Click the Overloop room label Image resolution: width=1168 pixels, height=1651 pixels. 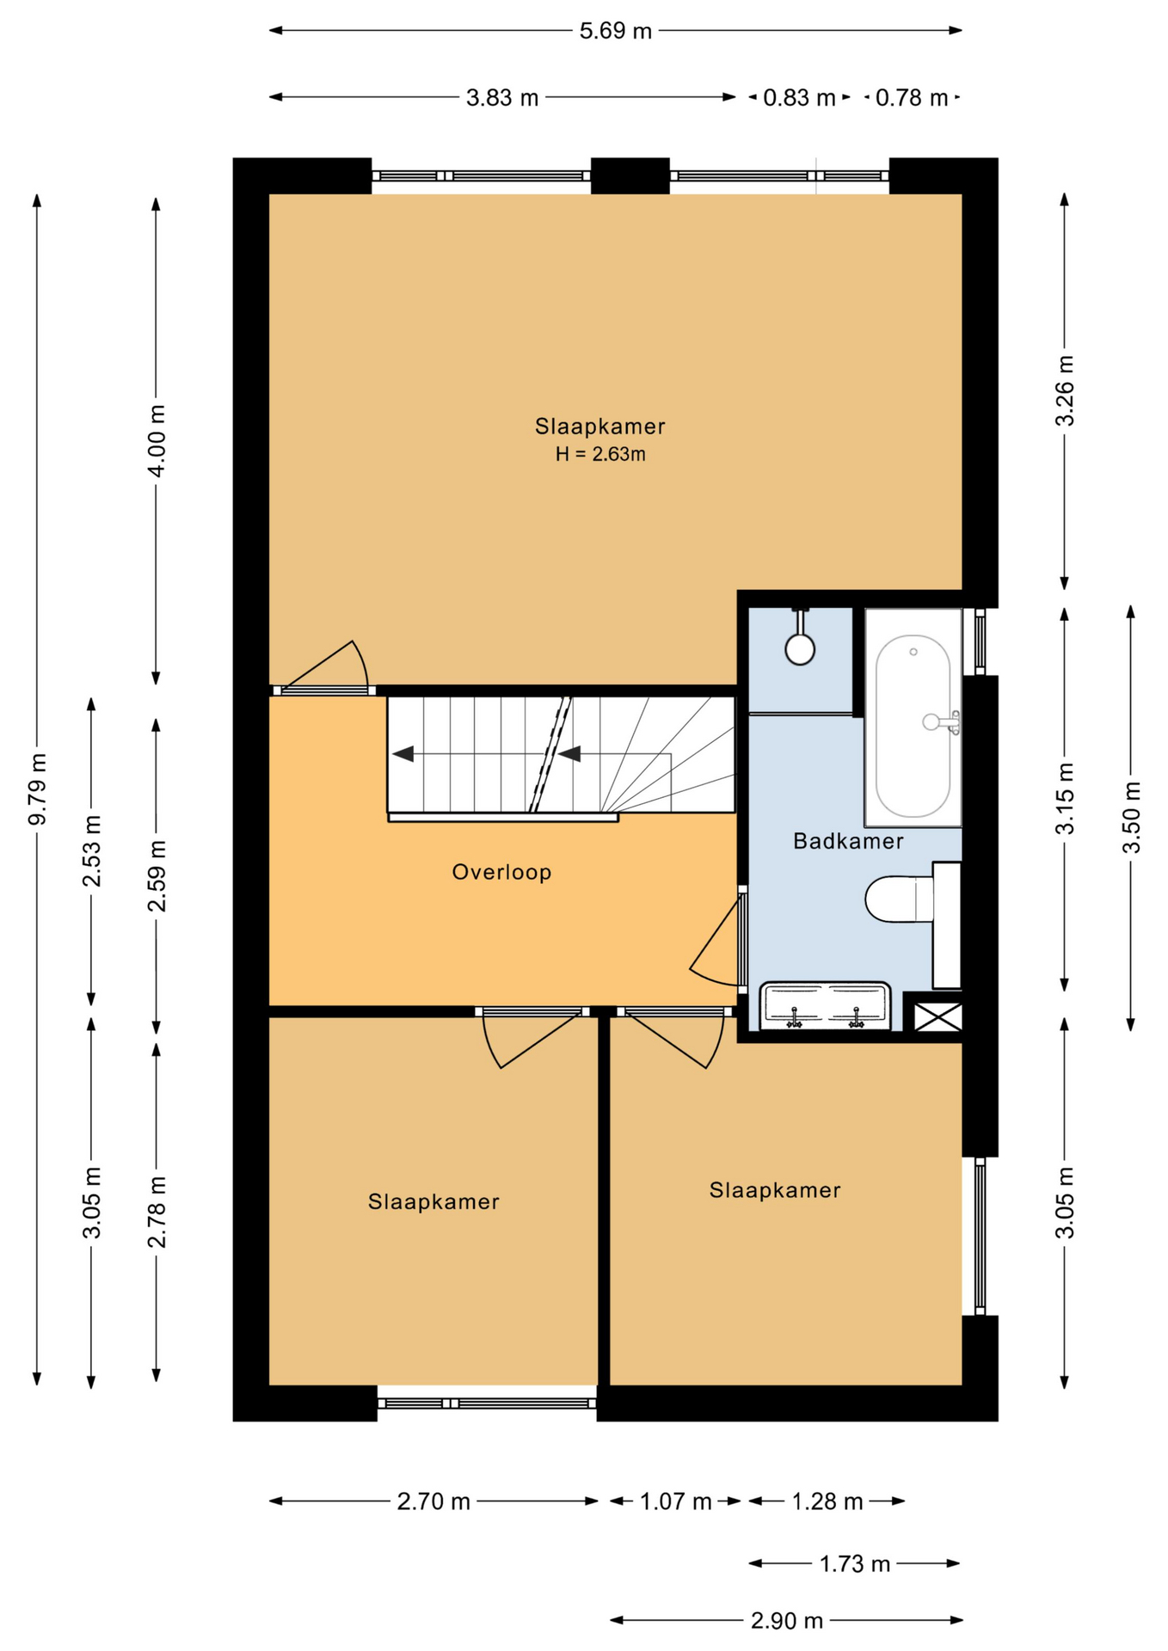point(501,872)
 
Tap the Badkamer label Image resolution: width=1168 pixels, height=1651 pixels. point(848,841)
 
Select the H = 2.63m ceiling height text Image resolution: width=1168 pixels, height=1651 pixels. point(599,454)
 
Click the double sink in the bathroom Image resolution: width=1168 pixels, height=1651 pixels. point(825,1006)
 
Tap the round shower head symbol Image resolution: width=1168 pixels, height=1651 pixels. point(800,649)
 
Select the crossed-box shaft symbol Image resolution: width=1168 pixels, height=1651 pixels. point(937,1016)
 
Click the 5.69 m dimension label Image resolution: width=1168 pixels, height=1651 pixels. point(615,31)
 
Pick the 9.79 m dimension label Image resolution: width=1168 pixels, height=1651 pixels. point(37,789)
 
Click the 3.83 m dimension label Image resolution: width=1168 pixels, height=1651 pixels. point(502,98)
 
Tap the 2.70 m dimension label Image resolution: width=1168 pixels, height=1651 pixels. point(433,1501)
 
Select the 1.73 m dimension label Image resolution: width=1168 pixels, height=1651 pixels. point(854,1563)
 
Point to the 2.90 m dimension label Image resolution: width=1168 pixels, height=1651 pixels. point(787,1621)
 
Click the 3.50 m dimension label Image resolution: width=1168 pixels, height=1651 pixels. point(1131,817)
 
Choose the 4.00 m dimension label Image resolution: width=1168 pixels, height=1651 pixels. point(156,440)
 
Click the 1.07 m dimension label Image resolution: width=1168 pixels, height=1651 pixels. point(675,1501)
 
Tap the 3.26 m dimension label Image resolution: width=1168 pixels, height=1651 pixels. point(1065,390)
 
